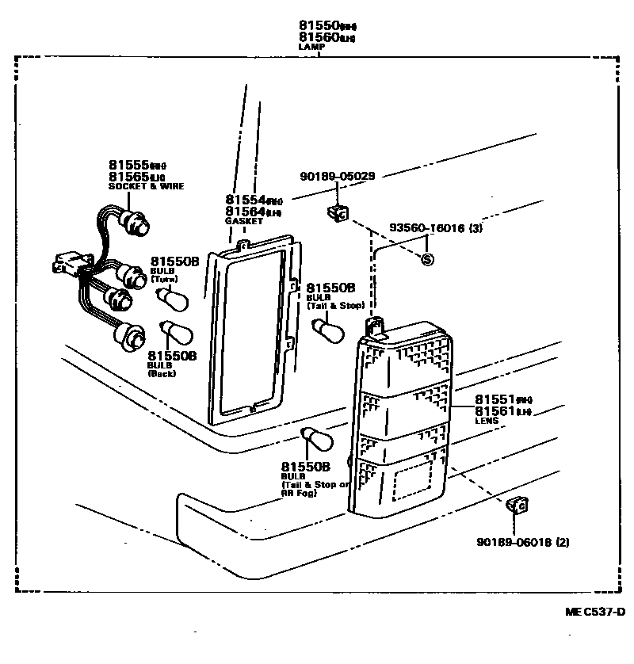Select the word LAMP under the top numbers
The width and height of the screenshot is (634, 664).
coord(311,47)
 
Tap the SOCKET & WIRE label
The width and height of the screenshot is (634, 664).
coord(146,186)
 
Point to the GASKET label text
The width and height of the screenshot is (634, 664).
coord(239,221)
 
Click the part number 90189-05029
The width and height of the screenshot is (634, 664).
coord(337,176)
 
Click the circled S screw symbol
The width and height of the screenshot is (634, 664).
coord(427,259)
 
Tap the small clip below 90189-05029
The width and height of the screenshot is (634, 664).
coord(337,212)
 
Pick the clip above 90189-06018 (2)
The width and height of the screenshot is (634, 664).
coord(518,505)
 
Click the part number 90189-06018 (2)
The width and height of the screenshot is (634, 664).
coord(522,542)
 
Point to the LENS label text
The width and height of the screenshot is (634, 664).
coord(487,421)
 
